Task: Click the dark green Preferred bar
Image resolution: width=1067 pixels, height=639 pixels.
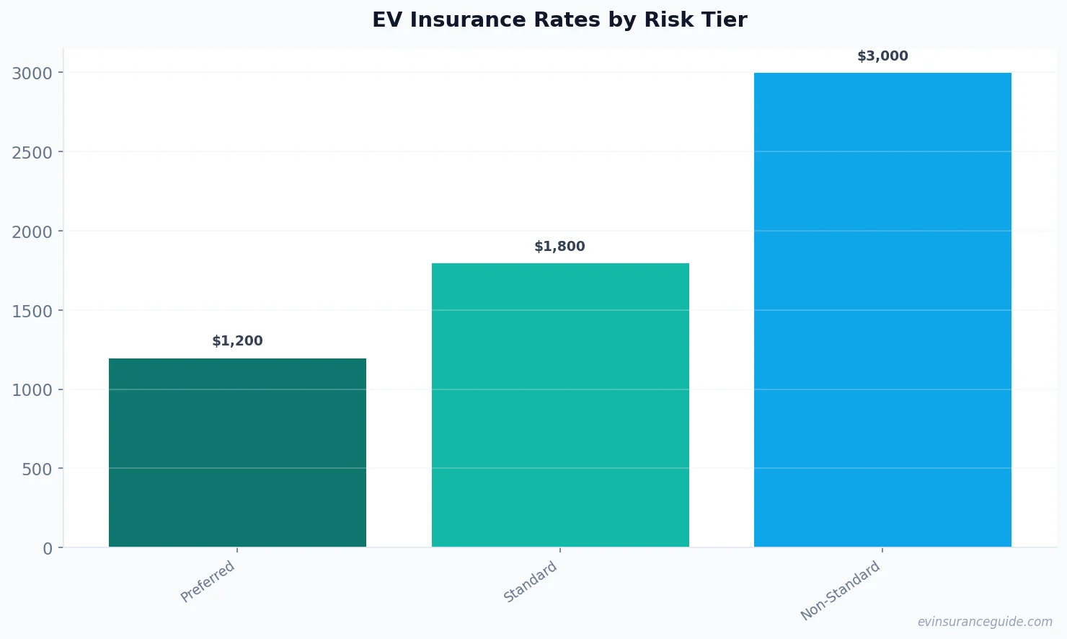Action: [237, 452]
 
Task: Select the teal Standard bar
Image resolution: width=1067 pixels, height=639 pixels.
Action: [560, 405]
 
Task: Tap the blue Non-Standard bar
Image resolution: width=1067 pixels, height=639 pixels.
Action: [882, 309]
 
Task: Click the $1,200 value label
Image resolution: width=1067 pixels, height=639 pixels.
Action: [237, 341]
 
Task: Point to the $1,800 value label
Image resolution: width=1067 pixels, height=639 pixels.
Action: [559, 247]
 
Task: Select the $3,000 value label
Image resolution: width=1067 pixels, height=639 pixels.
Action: [882, 56]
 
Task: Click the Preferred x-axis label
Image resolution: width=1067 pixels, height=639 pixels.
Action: [208, 581]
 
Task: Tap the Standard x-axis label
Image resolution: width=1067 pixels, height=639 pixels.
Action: [531, 582]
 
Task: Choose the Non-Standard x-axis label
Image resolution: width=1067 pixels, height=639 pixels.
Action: [841, 591]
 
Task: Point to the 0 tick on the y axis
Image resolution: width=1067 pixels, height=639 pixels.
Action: [48, 549]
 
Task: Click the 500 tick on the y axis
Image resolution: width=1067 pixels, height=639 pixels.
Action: [37, 470]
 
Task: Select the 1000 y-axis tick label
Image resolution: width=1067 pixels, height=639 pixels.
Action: [32, 390]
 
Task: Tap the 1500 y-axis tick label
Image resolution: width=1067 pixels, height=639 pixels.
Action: [32, 311]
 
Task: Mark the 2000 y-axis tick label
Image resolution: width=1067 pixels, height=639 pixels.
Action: [32, 232]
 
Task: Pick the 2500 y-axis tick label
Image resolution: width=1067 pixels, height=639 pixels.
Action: [32, 152]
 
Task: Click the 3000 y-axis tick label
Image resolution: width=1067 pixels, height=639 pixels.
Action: [32, 74]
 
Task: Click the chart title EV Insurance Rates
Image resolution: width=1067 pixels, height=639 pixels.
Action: [559, 20]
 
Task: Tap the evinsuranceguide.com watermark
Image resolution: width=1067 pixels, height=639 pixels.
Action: [985, 622]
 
